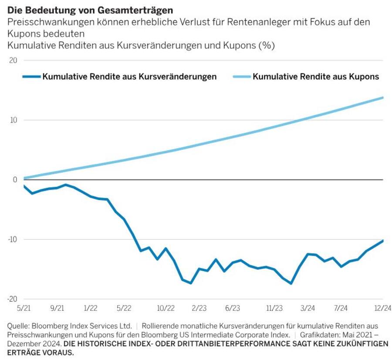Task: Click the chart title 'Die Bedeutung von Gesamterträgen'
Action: (90, 10)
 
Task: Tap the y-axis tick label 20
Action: (13, 60)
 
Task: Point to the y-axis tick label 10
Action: (13, 120)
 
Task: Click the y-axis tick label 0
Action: (15, 180)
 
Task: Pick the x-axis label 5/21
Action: (24, 308)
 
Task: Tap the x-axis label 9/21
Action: (57, 308)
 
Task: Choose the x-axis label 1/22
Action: (91, 308)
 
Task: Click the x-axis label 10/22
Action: (166, 308)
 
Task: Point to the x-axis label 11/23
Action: (274, 308)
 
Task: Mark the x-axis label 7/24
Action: (341, 308)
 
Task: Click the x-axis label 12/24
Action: (382, 308)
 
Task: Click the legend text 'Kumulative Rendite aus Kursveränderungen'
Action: (129, 77)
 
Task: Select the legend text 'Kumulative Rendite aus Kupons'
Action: (316, 77)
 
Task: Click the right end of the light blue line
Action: (382, 98)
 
